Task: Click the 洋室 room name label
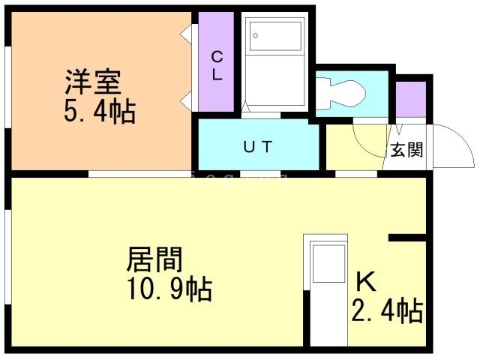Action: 94,80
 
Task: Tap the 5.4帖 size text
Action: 99,112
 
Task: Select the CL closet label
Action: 216,65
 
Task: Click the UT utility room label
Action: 254,146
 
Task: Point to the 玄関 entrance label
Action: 406,149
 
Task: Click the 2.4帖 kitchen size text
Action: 386,310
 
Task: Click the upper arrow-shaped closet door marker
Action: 184,32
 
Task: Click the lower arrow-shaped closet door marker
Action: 184,97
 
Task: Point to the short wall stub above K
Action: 409,238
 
